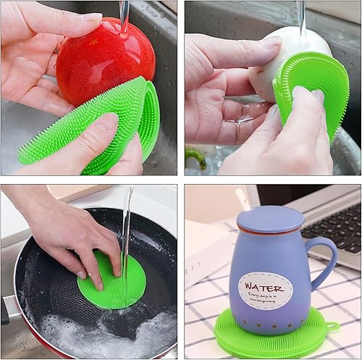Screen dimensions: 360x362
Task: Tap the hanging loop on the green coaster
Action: coord(332,327)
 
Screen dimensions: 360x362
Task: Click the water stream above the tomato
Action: coord(125,14)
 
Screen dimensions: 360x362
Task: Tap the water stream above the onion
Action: coord(300,14)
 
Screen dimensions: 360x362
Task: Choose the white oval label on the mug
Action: coord(266,290)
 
